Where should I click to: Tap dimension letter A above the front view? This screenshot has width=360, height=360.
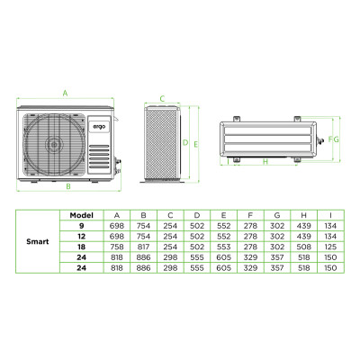(66, 94)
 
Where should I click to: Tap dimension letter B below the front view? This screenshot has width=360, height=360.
(67, 186)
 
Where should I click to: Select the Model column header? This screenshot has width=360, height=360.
(83, 214)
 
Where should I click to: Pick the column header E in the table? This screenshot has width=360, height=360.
(222, 214)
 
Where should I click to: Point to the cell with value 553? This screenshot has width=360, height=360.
(222, 246)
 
